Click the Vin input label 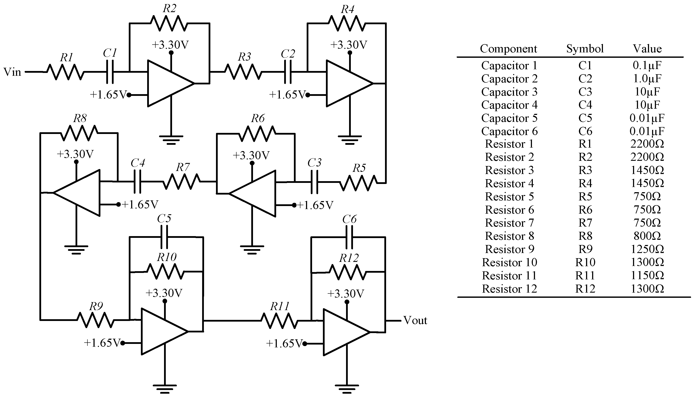pyautogui.click(x=12, y=72)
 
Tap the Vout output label pyautogui.click(x=415, y=320)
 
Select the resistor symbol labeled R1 pyautogui.click(x=65, y=72)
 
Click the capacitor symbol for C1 pyautogui.click(x=110, y=72)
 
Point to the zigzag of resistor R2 pyautogui.click(x=169, y=23)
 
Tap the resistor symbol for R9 pyautogui.click(x=95, y=320)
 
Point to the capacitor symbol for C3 pyautogui.click(x=314, y=182)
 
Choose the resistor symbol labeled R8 pyautogui.click(x=79, y=133)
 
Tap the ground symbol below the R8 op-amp pyautogui.click(x=76, y=249)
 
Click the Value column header pyautogui.click(x=647, y=49)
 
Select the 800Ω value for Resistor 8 pyautogui.click(x=647, y=236)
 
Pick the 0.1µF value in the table pyautogui.click(x=647, y=65)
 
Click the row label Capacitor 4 pyautogui.click(x=509, y=105)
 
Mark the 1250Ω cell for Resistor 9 pyautogui.click(x=647, y=249)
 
